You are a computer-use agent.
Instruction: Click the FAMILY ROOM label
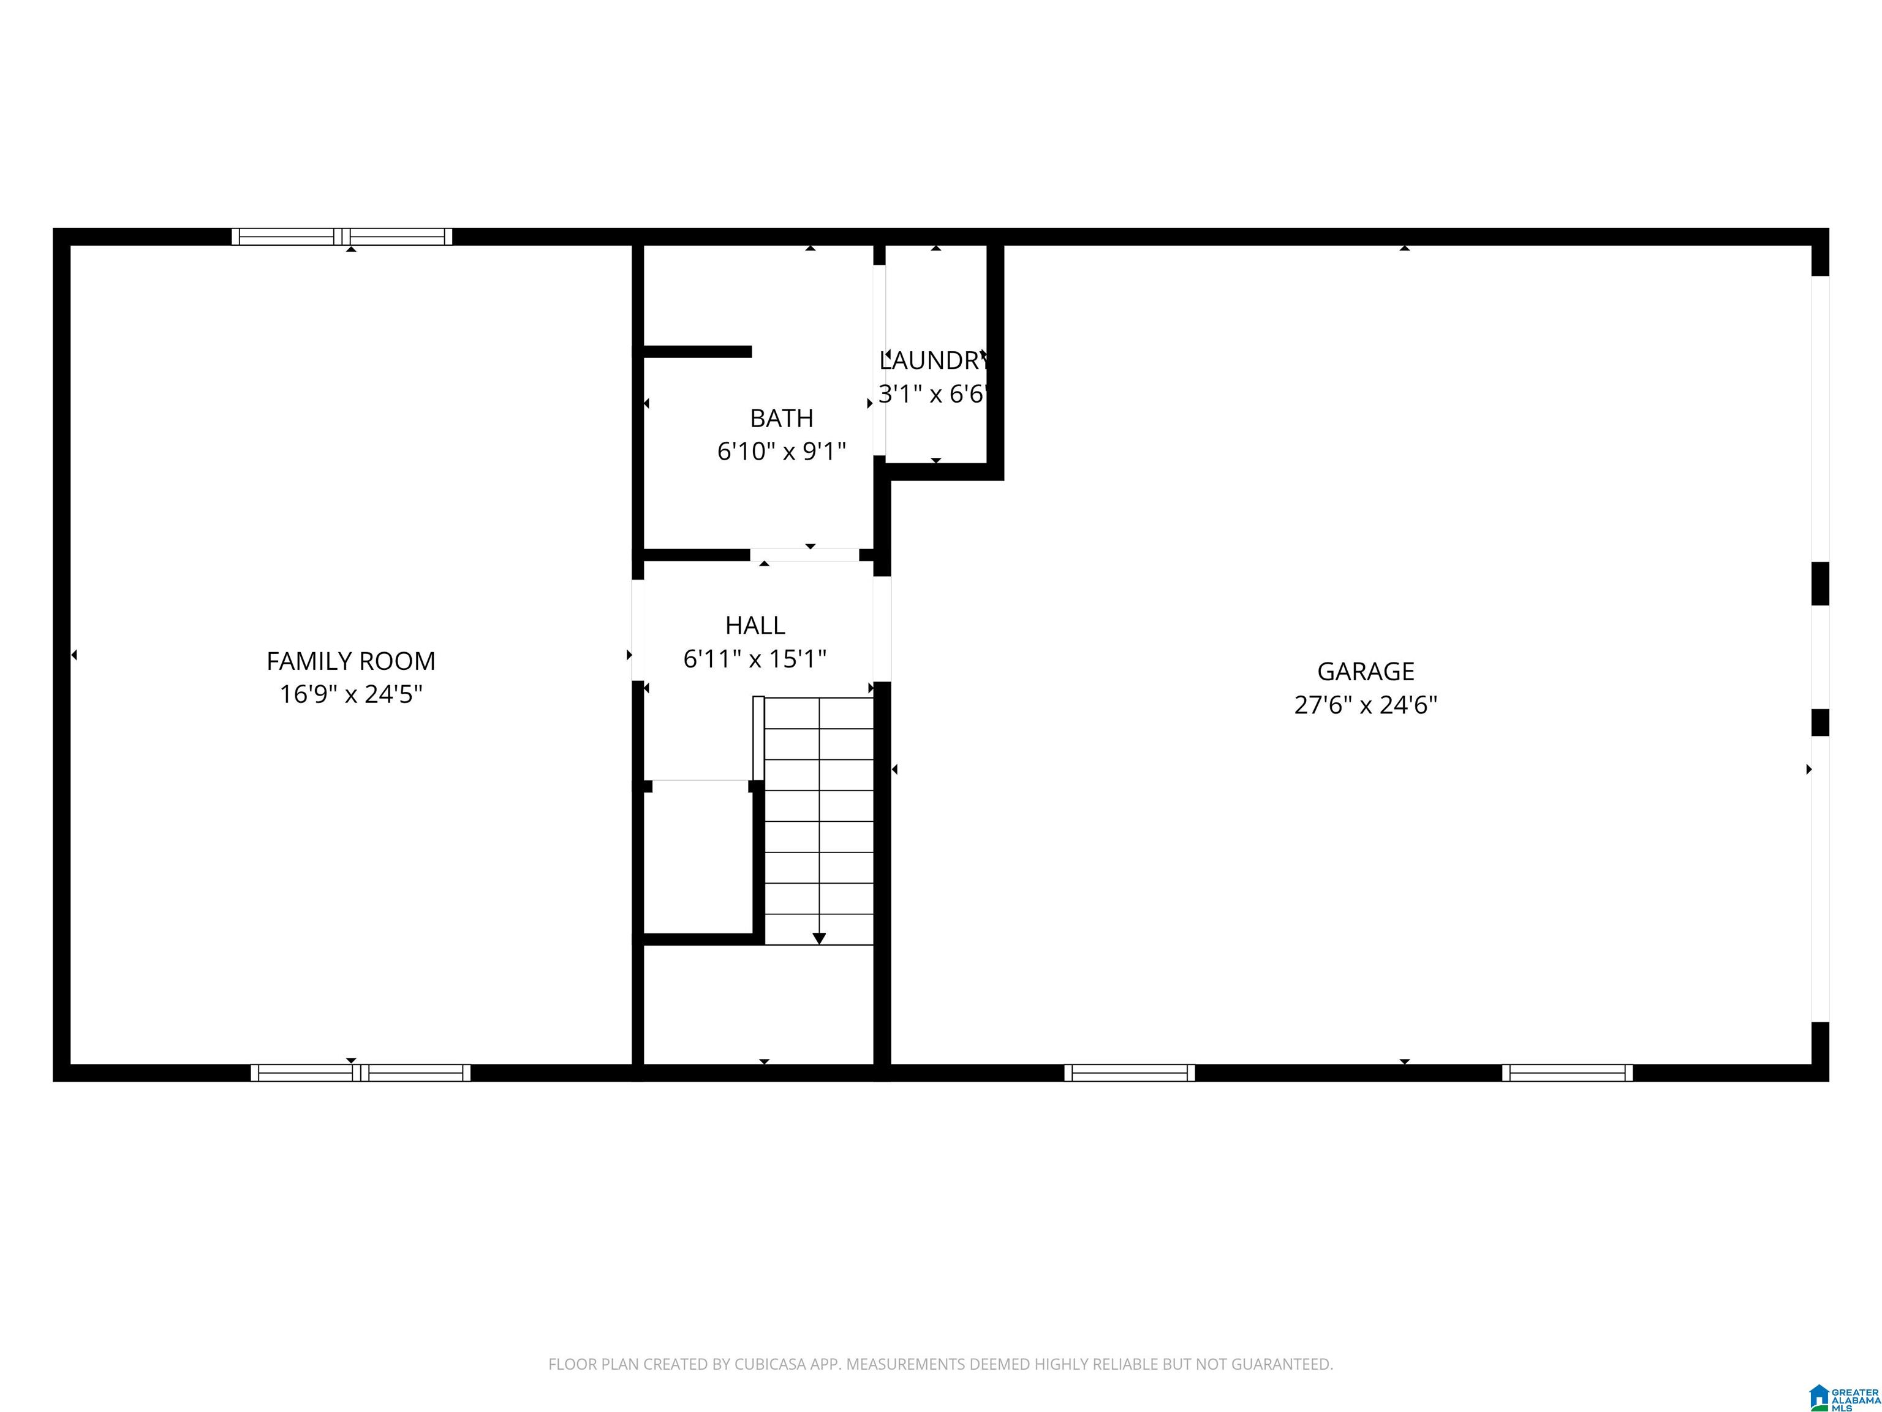[x=350, y=661]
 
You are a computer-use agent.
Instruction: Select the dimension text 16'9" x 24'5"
[x=350, y=694]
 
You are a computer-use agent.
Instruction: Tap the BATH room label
[x=781, y=418]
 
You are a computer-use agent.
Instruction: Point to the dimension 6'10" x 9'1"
[x=781, y=451]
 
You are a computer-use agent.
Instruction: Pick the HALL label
[x=755, y=626]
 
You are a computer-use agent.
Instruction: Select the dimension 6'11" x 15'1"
[x=755, y=659]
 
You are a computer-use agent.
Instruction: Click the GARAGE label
[x=1366, y=672]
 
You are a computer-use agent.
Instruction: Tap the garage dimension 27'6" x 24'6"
[x=1366, y=705]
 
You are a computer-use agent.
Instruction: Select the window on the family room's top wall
[x=342, y=237]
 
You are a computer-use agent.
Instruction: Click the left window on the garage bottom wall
[x=1129, y=1073]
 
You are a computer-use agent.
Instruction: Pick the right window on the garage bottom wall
[x=1567, y=1073]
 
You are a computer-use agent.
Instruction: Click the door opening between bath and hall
[x=805, y=555]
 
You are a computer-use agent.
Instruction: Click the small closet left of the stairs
[x=698, y=860]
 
